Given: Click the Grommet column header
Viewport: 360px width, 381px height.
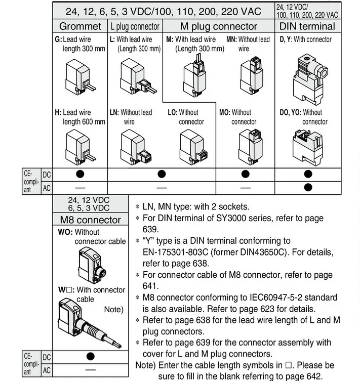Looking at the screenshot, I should (x=80, y=26).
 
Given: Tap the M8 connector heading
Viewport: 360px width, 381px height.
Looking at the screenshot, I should (x=91, y=220).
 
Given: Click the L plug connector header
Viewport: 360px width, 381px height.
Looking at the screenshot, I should (x=135, y=26).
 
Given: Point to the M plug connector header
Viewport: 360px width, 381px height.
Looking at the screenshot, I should (x=219, y=26).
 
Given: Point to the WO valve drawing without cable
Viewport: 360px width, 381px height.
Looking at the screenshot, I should (x=91, y=265).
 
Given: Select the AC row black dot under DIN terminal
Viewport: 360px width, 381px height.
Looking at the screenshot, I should (x=308, y=187).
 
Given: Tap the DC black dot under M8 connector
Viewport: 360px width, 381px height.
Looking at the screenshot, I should (x=91, y=357).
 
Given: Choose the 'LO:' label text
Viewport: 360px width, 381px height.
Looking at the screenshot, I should (x=173, y=112).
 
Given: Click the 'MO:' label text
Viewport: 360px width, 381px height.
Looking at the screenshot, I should (x=224, y=112).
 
